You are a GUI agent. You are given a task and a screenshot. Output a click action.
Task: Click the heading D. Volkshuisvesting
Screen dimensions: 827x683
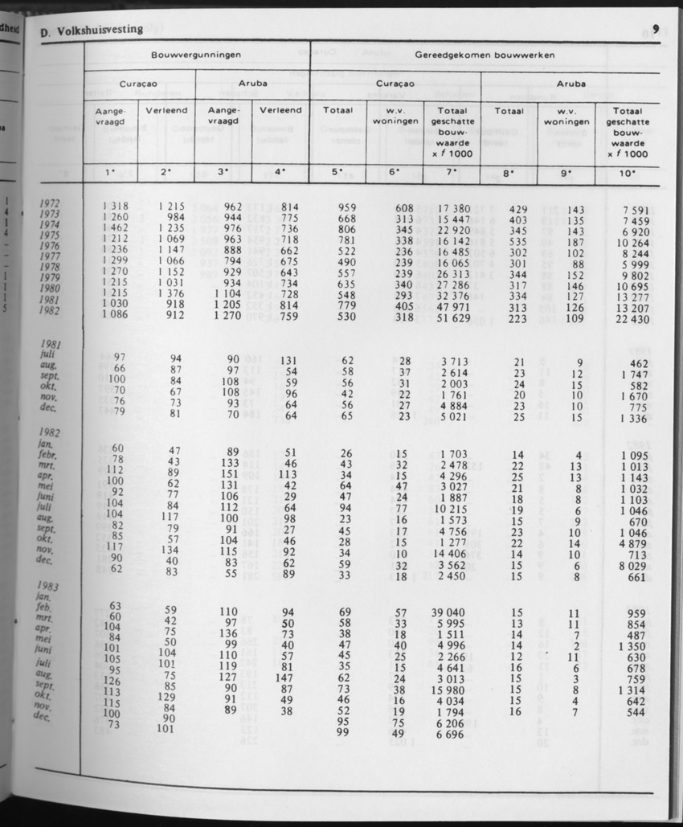(91, 30)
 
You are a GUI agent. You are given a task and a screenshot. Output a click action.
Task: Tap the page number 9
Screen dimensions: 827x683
(656, 30)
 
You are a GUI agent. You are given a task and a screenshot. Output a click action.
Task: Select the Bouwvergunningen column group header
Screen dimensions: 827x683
(196, 55)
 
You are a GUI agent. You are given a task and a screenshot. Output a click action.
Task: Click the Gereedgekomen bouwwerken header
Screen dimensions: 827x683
(485, 55)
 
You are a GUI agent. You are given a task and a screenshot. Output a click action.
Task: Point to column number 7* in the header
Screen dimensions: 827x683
(452, 171)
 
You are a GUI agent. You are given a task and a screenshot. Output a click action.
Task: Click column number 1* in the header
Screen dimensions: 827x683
(110, 171)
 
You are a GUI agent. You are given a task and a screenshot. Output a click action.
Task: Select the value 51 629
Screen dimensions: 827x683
(452, 317)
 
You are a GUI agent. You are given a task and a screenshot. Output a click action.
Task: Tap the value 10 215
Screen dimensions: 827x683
(454, 508)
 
